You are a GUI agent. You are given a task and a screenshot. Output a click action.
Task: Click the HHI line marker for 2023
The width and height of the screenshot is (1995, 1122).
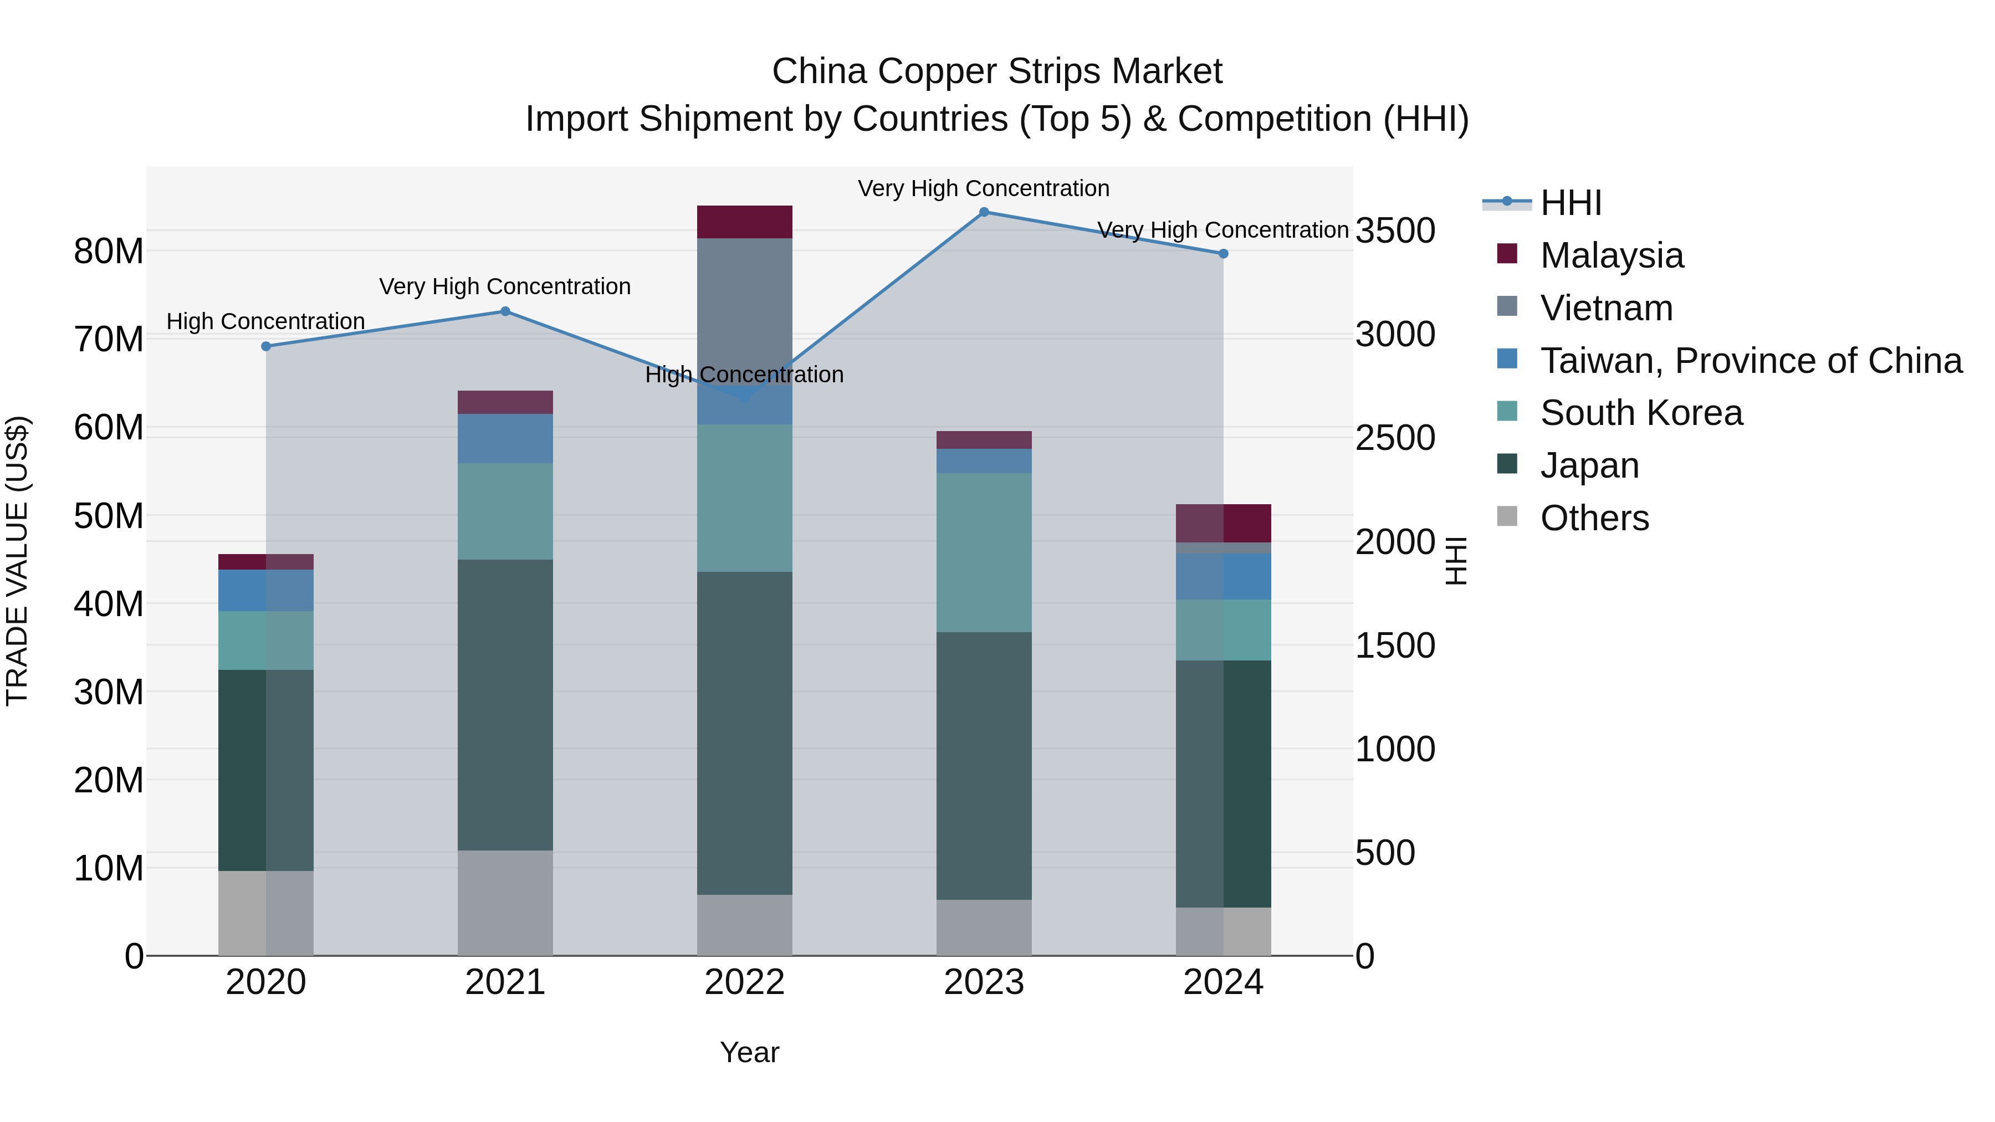tap(984, 212)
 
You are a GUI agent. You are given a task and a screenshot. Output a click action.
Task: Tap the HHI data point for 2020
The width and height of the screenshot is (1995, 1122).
tap(265, 346)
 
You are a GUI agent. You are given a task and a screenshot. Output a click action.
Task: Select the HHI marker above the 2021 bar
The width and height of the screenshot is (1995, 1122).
tap(505, 311)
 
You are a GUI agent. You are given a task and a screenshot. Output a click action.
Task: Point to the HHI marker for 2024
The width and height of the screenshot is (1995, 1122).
tap(1223, 253)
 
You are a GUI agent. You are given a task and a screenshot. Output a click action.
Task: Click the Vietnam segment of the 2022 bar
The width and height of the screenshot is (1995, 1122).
tap(744, 302)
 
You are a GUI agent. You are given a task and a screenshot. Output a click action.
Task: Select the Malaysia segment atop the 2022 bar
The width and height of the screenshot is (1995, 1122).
tap(744, 222)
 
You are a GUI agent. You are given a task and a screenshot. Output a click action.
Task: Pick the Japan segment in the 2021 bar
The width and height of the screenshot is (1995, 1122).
tap(505, 705)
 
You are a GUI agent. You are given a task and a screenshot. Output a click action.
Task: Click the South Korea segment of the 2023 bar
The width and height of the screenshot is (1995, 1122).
tap(984, 552)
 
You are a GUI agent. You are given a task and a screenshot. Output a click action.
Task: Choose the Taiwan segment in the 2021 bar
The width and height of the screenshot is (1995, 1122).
tap(505, 438)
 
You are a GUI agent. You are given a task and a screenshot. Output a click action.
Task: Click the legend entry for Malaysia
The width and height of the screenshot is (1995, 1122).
tap(1611, 255)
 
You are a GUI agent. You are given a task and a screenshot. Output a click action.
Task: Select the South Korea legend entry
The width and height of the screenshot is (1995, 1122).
tap(1640, 413)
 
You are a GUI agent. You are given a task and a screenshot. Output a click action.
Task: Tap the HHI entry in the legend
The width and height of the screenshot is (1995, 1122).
tap(1570, 203)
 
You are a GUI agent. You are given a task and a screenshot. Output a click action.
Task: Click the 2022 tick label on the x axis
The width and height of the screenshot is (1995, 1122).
tap(744, 982)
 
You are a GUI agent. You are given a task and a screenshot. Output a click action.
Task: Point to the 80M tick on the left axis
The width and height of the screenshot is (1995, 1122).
tap(109, 251)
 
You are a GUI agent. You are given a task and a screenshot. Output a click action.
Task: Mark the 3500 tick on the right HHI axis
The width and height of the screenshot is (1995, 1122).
tap(1395, 230)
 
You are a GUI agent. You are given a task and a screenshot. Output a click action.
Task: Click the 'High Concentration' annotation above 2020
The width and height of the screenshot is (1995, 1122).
tap(265, 321)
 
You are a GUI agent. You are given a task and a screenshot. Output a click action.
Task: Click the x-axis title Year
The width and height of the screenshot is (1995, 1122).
tap(749, 1052)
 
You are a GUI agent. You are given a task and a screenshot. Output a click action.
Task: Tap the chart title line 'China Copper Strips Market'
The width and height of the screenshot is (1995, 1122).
tap(997, 71)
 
